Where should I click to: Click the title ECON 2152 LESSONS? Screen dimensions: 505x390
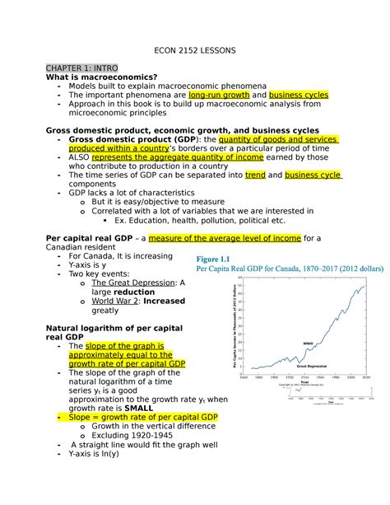pos(195,50)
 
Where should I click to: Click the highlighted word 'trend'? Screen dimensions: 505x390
pos(254,175)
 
